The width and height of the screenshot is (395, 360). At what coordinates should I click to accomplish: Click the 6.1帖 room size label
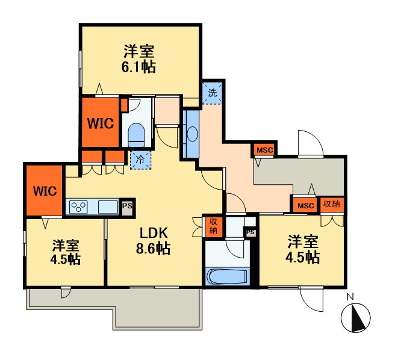point(138,67)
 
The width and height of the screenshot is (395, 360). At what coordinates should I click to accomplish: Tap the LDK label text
point(154,233)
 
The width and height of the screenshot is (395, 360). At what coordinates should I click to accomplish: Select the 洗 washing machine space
point(213,93)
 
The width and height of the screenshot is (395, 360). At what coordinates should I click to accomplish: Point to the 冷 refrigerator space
point(140,160)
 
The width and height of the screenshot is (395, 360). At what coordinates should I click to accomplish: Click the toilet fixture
point(136,135)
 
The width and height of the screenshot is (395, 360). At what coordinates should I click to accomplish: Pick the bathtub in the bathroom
point(228,276)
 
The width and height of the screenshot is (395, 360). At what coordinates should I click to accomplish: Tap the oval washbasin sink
point(193,134)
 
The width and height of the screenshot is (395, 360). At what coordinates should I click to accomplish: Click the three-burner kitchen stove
point(78,206)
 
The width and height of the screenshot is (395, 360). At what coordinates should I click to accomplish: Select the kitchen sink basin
point(108,207)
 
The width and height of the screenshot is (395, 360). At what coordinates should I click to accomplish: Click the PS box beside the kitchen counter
point(127,207)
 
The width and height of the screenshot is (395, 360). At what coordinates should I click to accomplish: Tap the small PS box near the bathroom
point(250,232)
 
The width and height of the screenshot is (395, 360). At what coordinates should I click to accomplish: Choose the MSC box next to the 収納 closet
point(305,205)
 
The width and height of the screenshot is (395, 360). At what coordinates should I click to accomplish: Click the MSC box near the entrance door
point(264,150)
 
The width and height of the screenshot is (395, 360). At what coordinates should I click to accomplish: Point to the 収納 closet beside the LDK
point(213,226)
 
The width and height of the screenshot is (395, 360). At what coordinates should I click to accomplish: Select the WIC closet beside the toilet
point(101,122)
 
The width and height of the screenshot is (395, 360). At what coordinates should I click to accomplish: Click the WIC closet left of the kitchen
point(45,191)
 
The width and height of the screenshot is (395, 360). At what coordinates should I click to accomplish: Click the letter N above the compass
point(350,297)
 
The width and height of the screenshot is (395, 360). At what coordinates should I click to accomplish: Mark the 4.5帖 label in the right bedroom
point(303,257)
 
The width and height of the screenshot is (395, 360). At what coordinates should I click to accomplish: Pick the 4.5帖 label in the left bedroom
point(65,259)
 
